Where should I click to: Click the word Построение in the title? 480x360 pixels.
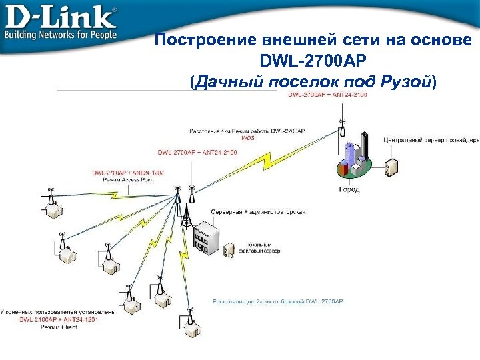coord(199,41)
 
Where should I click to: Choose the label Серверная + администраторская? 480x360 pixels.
coord(258,211)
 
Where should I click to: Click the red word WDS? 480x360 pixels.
coord(248,137)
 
